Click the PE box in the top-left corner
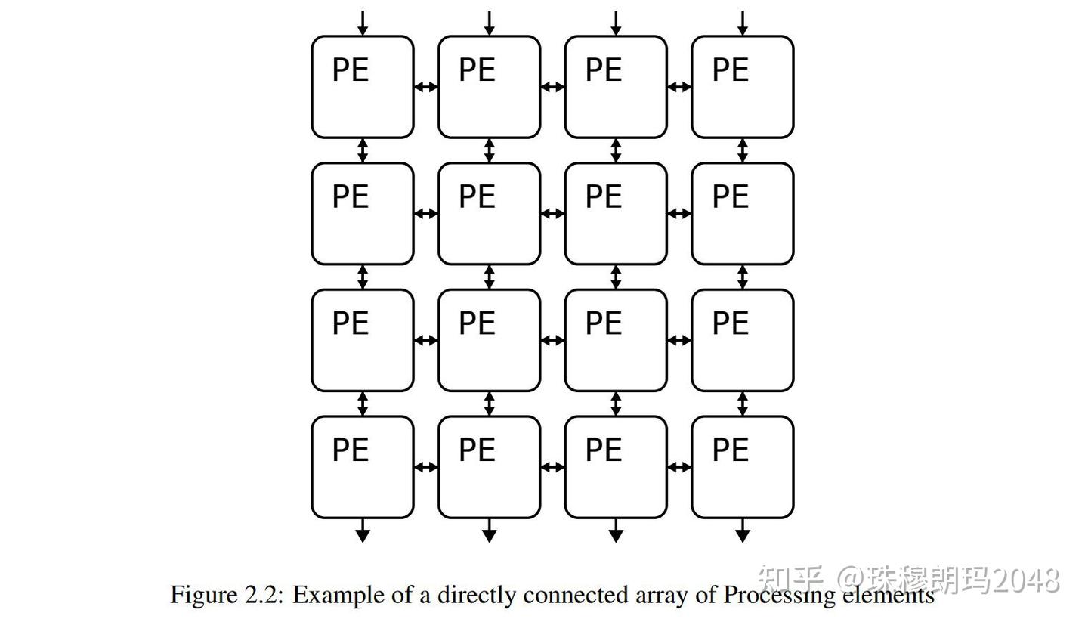coord(363,87)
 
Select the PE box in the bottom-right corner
coord(742,467)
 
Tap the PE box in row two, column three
coord(616,214)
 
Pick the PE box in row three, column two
coord(489,340)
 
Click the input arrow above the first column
coord(363,23)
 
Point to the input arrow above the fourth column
coord(742,23)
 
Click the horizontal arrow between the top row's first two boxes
coord(426,87)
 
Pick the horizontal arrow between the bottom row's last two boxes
coord(679,467)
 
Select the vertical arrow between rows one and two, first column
coord(363,150)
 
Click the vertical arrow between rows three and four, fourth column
coord(742,404)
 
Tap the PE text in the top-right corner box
coord(730,70)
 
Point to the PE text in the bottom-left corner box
coord(351,450)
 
